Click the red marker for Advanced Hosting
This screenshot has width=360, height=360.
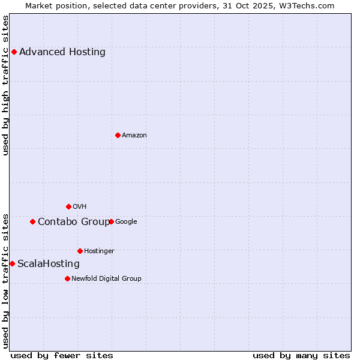click(x=14, y=52)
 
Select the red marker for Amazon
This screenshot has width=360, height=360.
click(x=118, y=135)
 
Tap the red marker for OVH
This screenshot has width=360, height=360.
click(x=68, y=206)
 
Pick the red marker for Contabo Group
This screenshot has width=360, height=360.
click(x=32, y=221)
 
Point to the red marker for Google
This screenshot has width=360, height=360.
click(x=111, y=221)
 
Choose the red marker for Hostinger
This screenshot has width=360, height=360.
click(x=80, y=251)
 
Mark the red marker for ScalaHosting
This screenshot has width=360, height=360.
click(x=12, y=263)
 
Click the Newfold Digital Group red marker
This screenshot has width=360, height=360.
click(x=67, y=278)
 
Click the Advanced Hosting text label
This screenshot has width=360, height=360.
click(x=62, y=52)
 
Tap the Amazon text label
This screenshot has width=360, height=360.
click(x=134, y=135)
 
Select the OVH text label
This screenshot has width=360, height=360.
click(x=80, y=206)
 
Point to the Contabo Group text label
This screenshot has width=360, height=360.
click(x=74, y=222)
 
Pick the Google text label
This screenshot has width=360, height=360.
click(x=126, y=221)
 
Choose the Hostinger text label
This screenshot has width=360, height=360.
click(x=99, y=251)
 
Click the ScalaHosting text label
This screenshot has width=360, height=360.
click(x=49, y=264)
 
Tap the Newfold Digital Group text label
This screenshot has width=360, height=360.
click(x=106, y=278)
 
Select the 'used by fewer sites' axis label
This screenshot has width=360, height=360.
click(x=62, y=355)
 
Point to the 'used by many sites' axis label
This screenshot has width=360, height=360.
click(x=301, y=355)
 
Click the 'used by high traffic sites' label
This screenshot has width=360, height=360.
click(x=6, y=85)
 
